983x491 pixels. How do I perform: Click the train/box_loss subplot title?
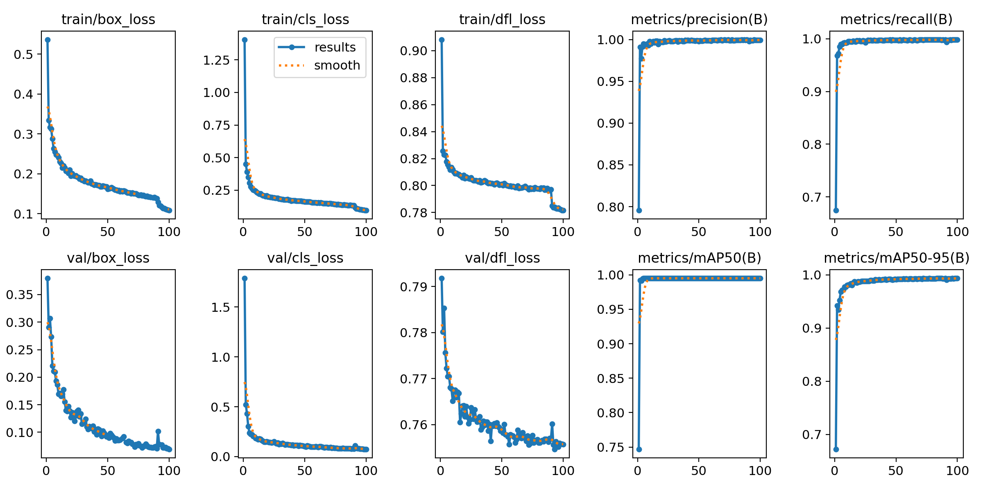tap(108, 20)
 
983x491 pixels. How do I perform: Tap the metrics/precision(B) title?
tap(699, 20)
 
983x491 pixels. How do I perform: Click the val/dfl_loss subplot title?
tap(502, 258)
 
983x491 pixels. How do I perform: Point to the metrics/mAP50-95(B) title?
tap(897, 258)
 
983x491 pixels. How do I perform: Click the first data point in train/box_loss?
tap(48, 40)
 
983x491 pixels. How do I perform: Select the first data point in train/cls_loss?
tap(245, 40)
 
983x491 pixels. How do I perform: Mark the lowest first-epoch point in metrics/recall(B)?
tap(836, 210)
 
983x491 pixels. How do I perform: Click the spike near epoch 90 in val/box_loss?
tap(158, 431)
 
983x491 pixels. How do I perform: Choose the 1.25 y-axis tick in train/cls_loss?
tap(216, 60)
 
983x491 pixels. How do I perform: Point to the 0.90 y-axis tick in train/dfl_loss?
tap(414, 51)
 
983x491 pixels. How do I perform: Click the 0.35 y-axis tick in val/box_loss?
tap(19, 295)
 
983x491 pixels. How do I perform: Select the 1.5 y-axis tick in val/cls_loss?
tap(220, 307)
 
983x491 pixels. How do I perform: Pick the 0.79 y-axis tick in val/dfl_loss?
tap(414, 287)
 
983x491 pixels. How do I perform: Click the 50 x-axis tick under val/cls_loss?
tap(305, 471)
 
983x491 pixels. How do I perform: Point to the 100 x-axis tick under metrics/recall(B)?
tap(957, 232)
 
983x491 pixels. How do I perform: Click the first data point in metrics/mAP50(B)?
tap(639, 449)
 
